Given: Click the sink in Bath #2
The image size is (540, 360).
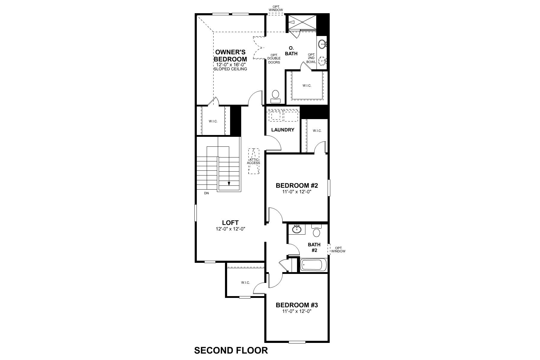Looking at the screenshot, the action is click(297, 229).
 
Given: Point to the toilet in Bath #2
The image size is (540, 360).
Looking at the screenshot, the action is click(316, 231).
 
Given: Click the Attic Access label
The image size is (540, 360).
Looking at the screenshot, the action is click(253, 161).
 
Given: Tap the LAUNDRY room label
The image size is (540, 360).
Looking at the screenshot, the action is click(283, 130).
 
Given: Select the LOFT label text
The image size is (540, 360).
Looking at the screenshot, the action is click(230, 223).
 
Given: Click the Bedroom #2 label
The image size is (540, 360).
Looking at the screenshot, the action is click(297, 185).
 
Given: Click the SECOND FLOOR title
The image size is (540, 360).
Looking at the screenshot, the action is click(231, 350).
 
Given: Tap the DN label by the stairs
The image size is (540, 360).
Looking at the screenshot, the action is click(206, 193).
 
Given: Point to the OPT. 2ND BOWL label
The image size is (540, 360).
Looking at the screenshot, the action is click(311, 58).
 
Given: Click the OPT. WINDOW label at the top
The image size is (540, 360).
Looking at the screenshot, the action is click(276, 8).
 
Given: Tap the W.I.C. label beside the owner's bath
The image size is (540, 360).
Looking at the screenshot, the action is click(307, 85).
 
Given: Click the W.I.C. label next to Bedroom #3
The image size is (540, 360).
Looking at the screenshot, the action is click(245, 283).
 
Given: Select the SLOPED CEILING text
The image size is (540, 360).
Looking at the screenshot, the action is click(230, 69).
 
